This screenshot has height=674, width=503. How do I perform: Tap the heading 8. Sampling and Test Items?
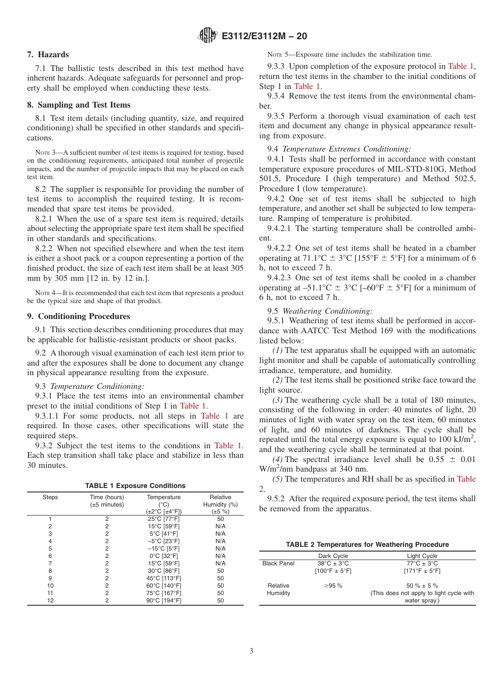point(78,104)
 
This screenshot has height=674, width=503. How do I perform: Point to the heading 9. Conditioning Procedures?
point(78,316)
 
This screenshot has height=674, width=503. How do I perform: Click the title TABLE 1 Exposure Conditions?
point(135,485)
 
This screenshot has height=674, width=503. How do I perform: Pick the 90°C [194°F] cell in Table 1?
point(164,600)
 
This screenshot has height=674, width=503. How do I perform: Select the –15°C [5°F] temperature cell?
point(164,548)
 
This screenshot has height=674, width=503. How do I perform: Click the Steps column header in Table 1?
point(50,497)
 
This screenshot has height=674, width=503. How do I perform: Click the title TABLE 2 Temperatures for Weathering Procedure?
point(367,544)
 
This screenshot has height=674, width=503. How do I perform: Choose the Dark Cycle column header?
point(333,556)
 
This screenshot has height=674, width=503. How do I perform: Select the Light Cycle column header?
point(422,556)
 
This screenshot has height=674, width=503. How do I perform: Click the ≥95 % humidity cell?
point(333,586)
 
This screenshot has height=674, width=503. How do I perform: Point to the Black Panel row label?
point(279,563)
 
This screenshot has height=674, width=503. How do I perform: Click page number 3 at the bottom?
point(251,651)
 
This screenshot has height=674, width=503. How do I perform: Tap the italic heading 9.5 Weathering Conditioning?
point(320,311)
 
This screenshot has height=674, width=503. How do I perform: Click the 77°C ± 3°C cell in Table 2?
point(422,563)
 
